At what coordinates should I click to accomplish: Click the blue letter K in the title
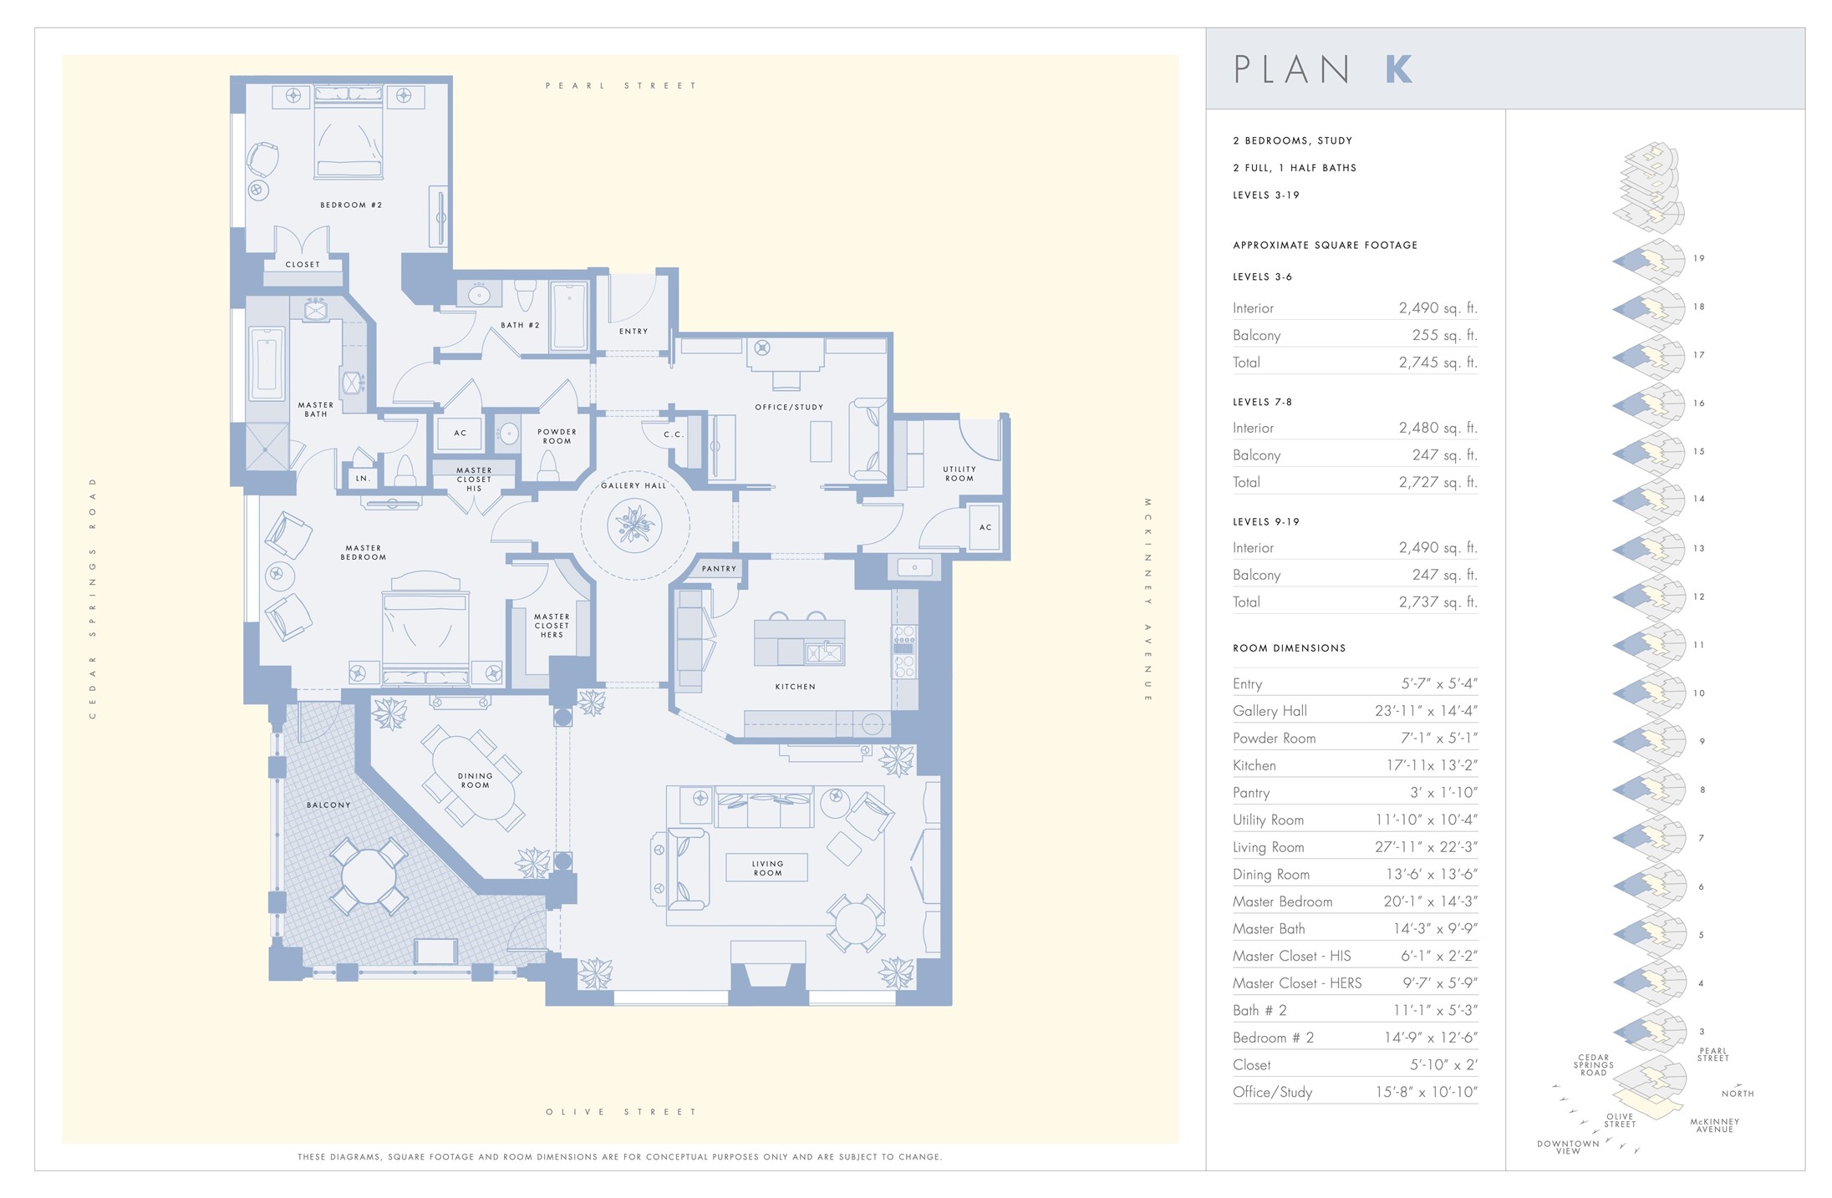(x=1398, y=69)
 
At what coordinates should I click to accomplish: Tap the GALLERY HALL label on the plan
(x=634, y=485)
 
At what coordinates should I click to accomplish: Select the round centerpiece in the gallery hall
(x=635, y=525)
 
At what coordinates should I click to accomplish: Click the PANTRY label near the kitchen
(x=719, y=569)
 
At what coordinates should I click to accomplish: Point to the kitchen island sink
(x=824, y=652)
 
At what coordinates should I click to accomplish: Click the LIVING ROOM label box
(x=767, y=868)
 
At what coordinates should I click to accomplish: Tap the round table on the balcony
(x=369, y=876)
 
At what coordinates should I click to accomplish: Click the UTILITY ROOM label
(x=959, y=474)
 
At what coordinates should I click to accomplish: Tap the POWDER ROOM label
(x=557, y=436)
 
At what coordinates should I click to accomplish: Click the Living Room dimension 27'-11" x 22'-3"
(x=1425, y=847)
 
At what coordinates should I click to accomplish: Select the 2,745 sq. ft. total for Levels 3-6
(x=1438, y=363)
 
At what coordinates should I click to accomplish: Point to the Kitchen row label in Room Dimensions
(x=1254, y=765)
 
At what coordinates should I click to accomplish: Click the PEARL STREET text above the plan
(x=620, y=85)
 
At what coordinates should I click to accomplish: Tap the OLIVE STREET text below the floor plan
(x=620, y=1112)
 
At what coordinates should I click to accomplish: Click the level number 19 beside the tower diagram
(x=1698, y=258)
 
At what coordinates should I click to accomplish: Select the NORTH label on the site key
(x=1737, y=1094)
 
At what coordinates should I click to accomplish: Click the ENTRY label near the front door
(x=633, y=332)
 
